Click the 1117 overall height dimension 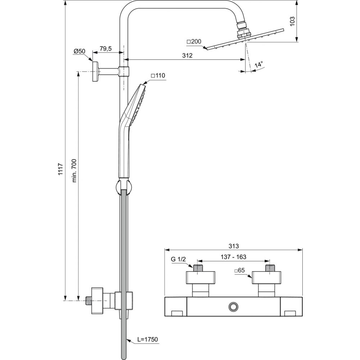point(60,169)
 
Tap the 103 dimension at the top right point(292,21)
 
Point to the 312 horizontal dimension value point(187,55)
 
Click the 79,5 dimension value point(105,49)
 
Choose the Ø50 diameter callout point(79,51)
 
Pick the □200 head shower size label point(194,41)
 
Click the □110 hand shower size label point(158,76)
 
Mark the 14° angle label point(259,64)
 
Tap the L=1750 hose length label point(148,339)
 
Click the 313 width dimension point(234,246)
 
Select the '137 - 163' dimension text point(234,257)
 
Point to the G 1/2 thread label point(178,260)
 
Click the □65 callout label point(239,270)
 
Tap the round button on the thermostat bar point(234,307)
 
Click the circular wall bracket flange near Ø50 point(95,71)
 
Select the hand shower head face point(139,105)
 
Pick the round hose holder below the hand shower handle point(123,186)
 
